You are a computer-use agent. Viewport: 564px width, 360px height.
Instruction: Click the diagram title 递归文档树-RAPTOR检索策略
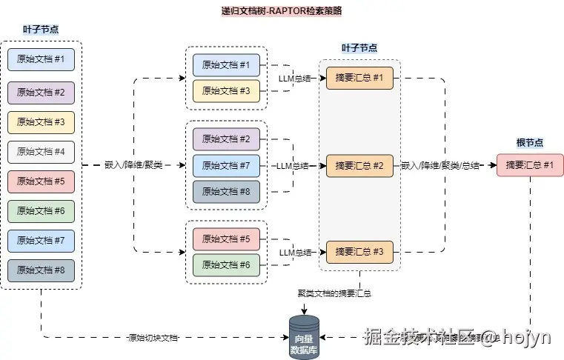click(282, 11)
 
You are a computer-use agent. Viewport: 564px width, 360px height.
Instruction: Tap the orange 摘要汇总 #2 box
click(359, 165)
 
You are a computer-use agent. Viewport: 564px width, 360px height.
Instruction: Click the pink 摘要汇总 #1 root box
click(529, 165)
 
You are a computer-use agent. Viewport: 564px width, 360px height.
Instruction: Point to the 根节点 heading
click(529, 142)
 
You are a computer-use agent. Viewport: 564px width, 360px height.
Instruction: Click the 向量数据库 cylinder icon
click(304, 337)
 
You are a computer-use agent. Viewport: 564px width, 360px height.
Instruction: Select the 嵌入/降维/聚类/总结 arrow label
click(440, 165)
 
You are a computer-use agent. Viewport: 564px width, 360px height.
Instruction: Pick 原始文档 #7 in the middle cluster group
click(226, 165)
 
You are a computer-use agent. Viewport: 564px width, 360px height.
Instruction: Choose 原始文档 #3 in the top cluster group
click(226, 91)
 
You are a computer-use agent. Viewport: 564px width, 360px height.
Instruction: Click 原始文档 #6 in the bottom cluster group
click(226, 265)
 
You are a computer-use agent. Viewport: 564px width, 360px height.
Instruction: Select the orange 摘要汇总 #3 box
click(359, 252)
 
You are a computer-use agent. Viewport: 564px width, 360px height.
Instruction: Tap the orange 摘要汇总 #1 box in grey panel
click(359, 79)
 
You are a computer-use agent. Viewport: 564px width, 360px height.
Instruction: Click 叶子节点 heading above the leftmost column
click(41, 30)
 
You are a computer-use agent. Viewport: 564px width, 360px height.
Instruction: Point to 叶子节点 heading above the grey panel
click(359, 48)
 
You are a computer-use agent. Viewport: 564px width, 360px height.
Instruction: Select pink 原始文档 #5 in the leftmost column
click(41, 180)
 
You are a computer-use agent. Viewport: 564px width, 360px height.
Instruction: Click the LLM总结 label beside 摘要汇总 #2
click(293, 166)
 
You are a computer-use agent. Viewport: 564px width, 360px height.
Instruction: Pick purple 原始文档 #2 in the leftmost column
click(41, 92)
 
